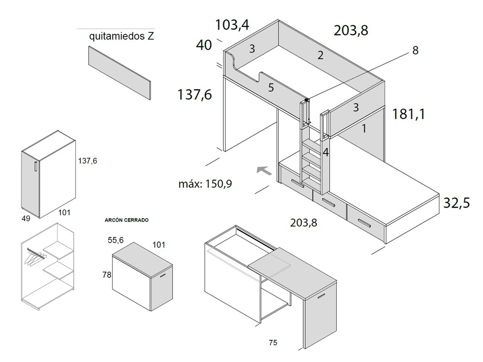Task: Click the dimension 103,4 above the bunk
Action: click(x=232, y=24)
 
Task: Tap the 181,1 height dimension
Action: click(x=409, y=114)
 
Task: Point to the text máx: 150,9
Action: click(x=205, y=183)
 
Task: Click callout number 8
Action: click(x=415, y=50)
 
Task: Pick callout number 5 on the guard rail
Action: click(x=271, y=87)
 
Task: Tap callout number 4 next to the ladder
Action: click(x=326, y=152)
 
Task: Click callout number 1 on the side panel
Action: click(x=364, y=128)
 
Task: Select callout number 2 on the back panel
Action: click(x=320, y=55)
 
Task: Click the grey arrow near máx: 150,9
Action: click(x=263, y=170)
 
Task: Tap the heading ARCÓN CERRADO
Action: click(x=127, y=220)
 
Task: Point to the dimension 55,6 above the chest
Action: click(x=116, y=239)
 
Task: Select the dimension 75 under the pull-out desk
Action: click(x=273, y=343)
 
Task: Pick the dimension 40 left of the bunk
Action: click(x=204, y=45)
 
